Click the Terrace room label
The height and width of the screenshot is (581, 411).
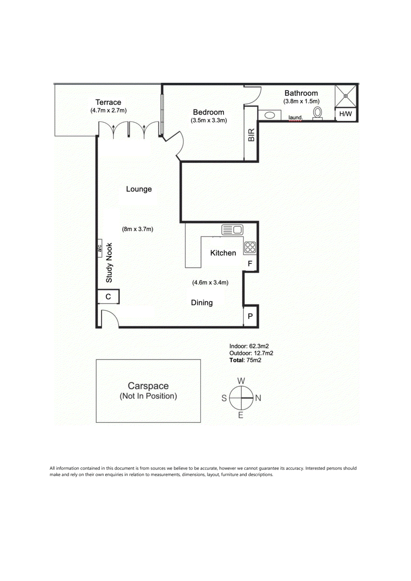pos(108,102)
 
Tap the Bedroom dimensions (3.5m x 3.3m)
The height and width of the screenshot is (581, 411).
pos(209,120)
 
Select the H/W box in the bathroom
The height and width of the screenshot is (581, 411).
pos(346,114)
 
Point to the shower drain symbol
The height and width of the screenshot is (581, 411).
pos(345,96)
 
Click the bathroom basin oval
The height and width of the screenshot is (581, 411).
pos(270,115)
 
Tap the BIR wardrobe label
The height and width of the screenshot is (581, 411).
pos(251,135)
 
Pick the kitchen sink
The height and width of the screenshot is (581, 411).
pos(232,230)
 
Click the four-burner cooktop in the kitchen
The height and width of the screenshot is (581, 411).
pos(250,247)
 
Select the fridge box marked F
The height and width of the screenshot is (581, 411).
pos(250,264)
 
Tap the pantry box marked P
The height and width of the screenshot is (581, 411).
pos(250,316)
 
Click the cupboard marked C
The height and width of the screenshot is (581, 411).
pos(109,296)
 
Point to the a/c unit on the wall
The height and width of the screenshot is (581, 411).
pos(100,248)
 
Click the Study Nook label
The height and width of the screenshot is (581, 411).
pos(109,263)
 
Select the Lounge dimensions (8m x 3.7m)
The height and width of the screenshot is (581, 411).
pos(138,229)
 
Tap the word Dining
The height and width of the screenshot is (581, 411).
pos(202,303)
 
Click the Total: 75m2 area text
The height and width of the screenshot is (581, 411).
pos(245,360)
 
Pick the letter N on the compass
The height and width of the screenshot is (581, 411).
pos(258,398)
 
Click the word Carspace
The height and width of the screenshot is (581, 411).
pos(148,386)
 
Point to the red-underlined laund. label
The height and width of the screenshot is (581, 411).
pos(295,118)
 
